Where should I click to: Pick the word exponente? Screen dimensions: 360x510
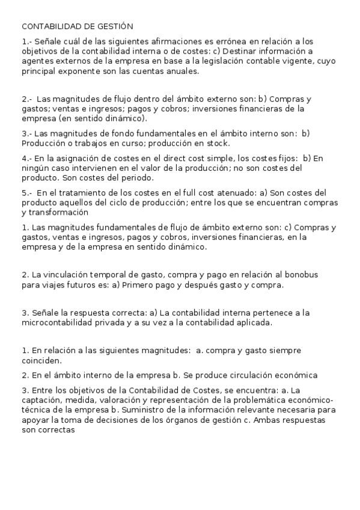pyautogui.click(x=85, y=71)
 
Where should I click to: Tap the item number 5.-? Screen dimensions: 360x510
pyautogui.click(x=27, y=193)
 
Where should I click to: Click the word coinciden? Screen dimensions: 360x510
pyautogui.click(x=40, y=361)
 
